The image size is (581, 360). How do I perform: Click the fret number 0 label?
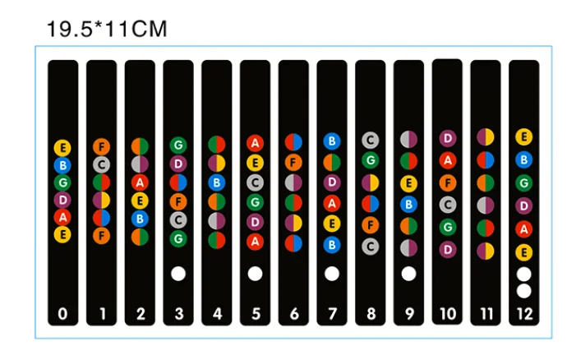point(63,314)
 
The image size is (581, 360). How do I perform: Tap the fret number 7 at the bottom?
point(332,314)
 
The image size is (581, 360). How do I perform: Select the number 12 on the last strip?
point(523,314)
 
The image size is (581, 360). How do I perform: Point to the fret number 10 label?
point(447,314)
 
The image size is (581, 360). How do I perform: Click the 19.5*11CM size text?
point(107,30)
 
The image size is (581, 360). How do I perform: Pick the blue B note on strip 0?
point(63,165)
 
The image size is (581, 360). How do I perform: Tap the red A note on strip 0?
point(63,217)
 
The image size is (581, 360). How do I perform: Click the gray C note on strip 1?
point(101,165)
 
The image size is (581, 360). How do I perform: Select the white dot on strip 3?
point(178,273)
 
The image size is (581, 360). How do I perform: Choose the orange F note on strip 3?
point(178,200)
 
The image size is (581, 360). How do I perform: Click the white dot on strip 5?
point(255,273)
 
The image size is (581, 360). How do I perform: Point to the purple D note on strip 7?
point(332,182)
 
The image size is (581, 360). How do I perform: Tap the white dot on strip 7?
point(332,273)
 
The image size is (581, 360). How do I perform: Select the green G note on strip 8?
point(371,160)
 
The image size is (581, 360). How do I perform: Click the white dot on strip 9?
point(408,273)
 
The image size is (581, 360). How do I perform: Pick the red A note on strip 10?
point(447,159)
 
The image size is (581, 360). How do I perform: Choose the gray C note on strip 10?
point(447,204)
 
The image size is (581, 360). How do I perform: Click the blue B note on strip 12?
point(523,159)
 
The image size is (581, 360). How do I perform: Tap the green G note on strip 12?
point(523,182)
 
